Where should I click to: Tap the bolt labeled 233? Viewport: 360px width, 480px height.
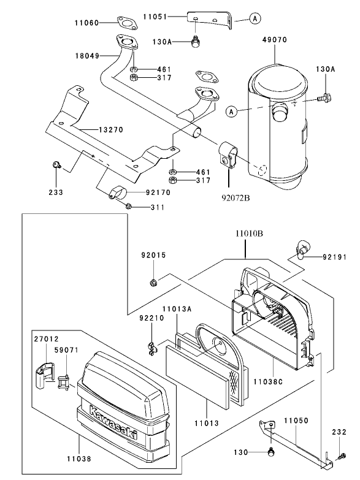point(56,164)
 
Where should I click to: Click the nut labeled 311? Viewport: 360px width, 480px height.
point(128,207)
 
